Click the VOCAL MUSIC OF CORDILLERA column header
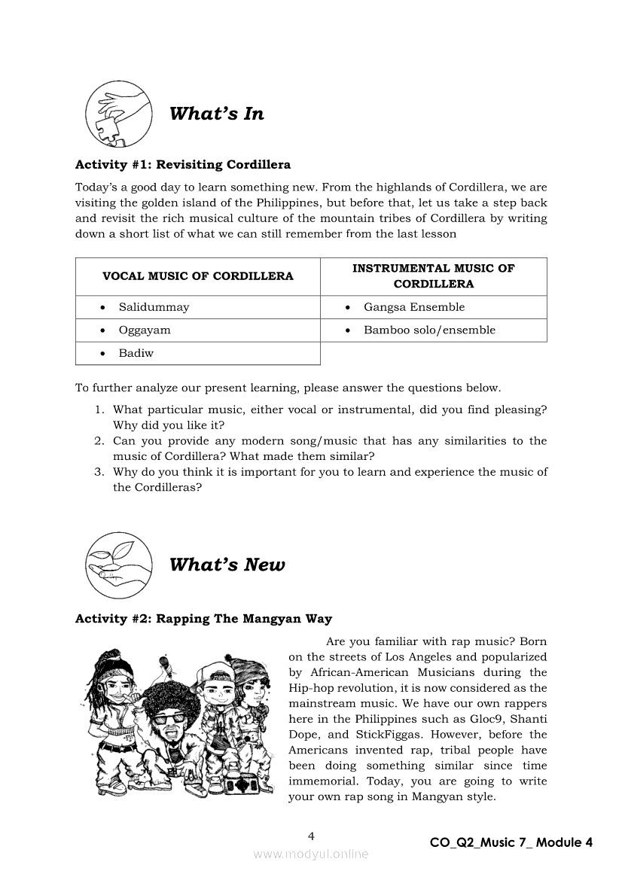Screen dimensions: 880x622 [x=197, y=276]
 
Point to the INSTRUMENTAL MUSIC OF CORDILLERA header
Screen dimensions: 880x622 [x=433, y=276]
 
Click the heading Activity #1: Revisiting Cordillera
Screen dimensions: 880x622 [x=183, y=164]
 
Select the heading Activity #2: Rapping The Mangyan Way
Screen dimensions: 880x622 [x=203, y=619]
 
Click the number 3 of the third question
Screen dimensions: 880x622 [x=98, y=472]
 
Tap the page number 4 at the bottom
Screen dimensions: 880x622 [x=311, y=836]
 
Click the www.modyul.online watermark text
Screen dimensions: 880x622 [x=311, y=854]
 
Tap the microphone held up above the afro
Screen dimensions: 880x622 [x=163, y=663]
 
